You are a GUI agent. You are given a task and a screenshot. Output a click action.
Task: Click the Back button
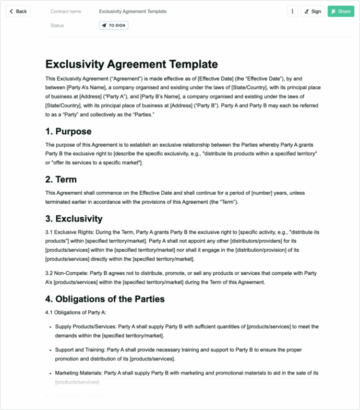(18, 11)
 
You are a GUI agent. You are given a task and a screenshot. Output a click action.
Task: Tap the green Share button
(341, 11)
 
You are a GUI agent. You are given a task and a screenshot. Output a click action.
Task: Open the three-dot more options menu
(292, 11)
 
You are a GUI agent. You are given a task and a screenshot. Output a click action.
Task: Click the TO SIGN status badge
(113, 25)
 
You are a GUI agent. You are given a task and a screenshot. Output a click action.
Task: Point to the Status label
(57, 25)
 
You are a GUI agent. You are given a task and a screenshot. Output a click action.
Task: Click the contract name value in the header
(133, 11)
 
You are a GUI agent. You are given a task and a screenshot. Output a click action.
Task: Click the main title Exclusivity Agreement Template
(131, 64)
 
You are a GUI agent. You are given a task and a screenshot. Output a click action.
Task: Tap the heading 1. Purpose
(68, 131)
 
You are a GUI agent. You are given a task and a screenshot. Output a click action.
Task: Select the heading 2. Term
(61, 179)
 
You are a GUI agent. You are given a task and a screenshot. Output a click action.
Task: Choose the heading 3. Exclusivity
(74, 218)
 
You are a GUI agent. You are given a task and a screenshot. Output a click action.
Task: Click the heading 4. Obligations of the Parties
(105, 299)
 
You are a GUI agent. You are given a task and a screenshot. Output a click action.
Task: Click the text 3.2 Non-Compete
(67, 273)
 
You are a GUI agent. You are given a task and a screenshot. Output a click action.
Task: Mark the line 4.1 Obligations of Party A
(76, 312)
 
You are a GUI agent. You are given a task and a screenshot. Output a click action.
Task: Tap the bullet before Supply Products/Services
(50, 326)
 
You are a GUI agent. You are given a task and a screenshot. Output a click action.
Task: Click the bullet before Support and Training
(50, 350)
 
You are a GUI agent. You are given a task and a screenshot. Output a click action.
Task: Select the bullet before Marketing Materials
(50, 373)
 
